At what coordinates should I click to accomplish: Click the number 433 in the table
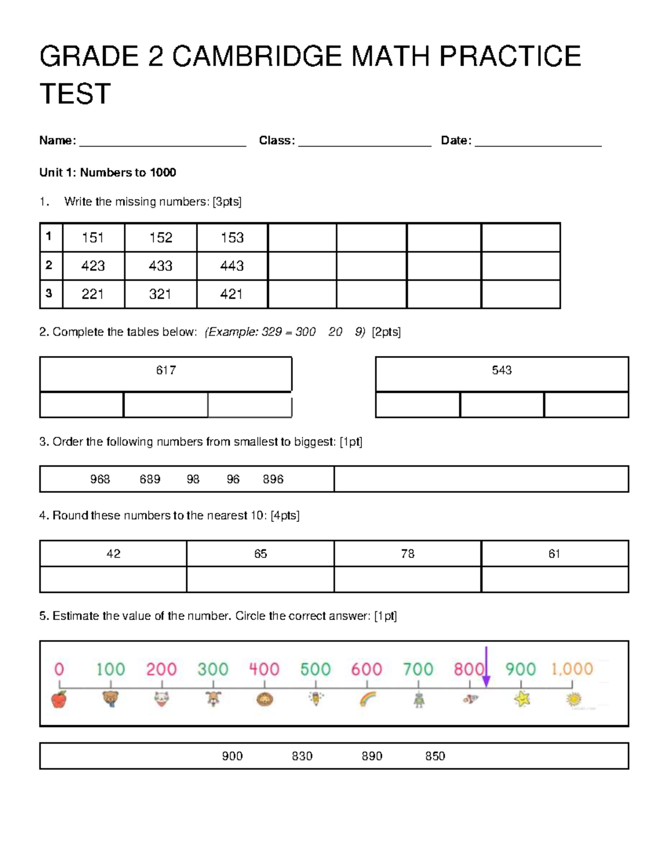160,266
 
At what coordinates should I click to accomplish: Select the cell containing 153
232,238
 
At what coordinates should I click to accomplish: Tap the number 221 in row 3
93,294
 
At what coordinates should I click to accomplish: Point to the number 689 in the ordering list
150,479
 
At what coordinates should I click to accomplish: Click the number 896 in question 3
273,479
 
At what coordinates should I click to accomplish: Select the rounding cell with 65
260,553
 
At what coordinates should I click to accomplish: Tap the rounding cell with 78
407,553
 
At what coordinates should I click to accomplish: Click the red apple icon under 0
59,699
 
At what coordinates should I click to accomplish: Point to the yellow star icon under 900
521,699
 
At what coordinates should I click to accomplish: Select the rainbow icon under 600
367,699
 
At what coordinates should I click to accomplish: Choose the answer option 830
302,756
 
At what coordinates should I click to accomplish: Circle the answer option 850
435,756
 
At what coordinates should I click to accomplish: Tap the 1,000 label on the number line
572,669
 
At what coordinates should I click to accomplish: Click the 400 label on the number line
264,669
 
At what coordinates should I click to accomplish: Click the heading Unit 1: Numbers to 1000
107,172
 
